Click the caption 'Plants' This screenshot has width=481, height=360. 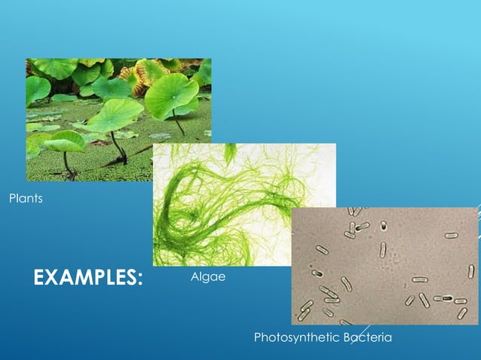(25, 199)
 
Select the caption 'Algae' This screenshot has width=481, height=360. (209, 278)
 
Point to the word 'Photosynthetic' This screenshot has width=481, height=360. (296, 337)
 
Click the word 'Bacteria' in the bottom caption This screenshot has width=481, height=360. (367, 337)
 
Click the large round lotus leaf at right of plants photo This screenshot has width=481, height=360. (172, 93)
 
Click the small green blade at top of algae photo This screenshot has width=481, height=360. (230, 151)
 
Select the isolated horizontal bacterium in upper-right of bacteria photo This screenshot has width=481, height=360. (451, 235)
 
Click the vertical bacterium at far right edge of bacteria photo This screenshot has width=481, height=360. (471, 271)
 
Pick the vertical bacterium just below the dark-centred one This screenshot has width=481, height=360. (382, 248)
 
